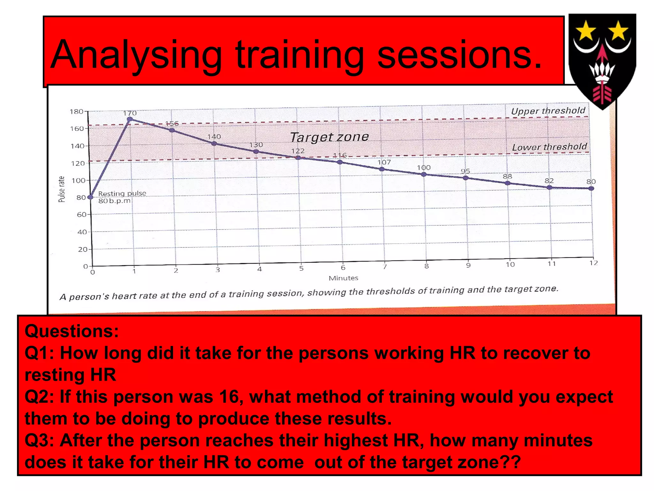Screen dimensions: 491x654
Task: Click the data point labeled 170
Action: click(130, 120)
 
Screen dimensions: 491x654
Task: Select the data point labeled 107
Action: click(382, 169)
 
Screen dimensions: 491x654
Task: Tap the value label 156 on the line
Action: click(172, 124)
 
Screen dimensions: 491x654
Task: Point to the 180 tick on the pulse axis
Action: click(76, 112)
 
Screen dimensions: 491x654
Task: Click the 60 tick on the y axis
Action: click(82, 214)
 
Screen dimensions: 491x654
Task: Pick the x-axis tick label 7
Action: click(385, 266)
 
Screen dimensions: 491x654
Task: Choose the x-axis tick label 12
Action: click(593, 263)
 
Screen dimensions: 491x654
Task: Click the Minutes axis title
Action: click(343, 278)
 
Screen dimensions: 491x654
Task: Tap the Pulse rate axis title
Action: click(62, 189)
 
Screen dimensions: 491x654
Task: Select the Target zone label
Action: click(329, 137)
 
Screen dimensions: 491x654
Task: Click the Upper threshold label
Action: click(548, 111)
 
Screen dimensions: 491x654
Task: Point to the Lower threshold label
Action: click(549, 147)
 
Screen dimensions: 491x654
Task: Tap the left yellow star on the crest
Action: click(586, 31)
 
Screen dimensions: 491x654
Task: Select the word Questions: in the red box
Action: click(72, 331)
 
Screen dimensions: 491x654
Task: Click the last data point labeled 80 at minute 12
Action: click(591, 188)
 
